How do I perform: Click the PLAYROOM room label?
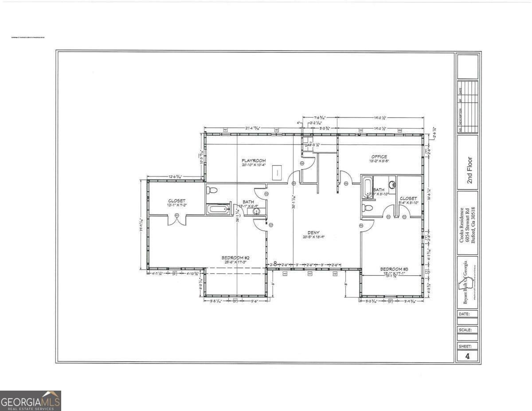point(254,160)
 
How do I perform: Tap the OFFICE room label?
point(379,157)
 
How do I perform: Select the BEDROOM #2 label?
point(235,258)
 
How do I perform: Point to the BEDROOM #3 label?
point(394,269)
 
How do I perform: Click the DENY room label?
point(314,232)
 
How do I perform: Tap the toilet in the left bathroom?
point(212,190)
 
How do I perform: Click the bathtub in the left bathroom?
point(218,208)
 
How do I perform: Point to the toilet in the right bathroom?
point(368,208)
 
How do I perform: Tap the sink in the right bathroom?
point(392,184)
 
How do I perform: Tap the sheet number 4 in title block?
point(467,356)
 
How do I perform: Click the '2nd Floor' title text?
point(469,170)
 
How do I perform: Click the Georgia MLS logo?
point(31,401)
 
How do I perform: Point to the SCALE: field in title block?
point(467,330)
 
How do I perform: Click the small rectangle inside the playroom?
point(277,172)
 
